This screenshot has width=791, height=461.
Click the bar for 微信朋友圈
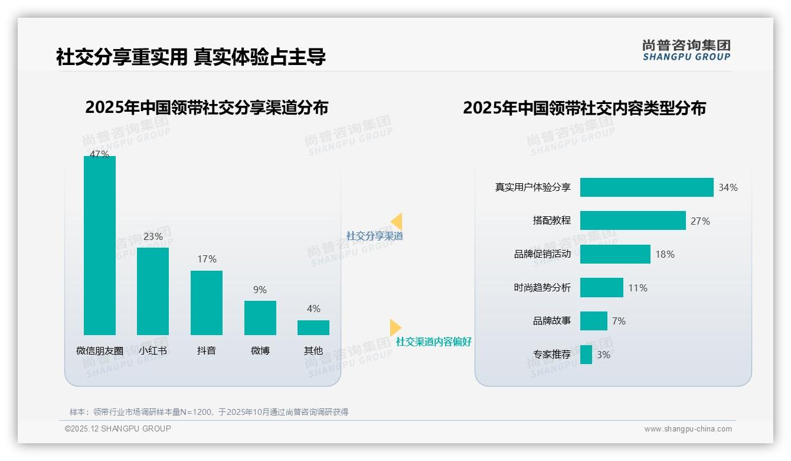(100, 245)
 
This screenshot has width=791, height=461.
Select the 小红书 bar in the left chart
(153, 291)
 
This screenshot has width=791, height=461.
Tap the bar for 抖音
(207, 303)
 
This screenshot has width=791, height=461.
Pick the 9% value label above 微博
(260, 290)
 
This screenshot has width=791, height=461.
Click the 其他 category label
(313, 350)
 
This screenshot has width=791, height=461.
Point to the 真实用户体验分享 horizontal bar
(646, 187)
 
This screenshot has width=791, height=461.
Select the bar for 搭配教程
(633, 220)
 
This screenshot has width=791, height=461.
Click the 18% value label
(665, 254)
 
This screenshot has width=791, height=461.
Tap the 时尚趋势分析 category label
(542, 288)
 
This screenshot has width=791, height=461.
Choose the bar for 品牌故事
(593, 321)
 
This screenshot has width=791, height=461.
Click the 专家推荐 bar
(586, 355)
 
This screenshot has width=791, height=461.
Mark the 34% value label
(728, 187)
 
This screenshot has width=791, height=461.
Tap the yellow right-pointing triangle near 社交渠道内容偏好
(395, 327)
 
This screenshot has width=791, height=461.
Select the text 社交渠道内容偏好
(433, 342)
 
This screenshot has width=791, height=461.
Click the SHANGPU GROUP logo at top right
(687, 50)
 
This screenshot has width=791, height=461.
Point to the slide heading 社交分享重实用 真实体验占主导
(191, 57)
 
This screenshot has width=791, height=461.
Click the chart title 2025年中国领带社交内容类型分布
(584, 108)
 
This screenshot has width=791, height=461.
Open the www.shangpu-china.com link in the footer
(688, 429)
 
